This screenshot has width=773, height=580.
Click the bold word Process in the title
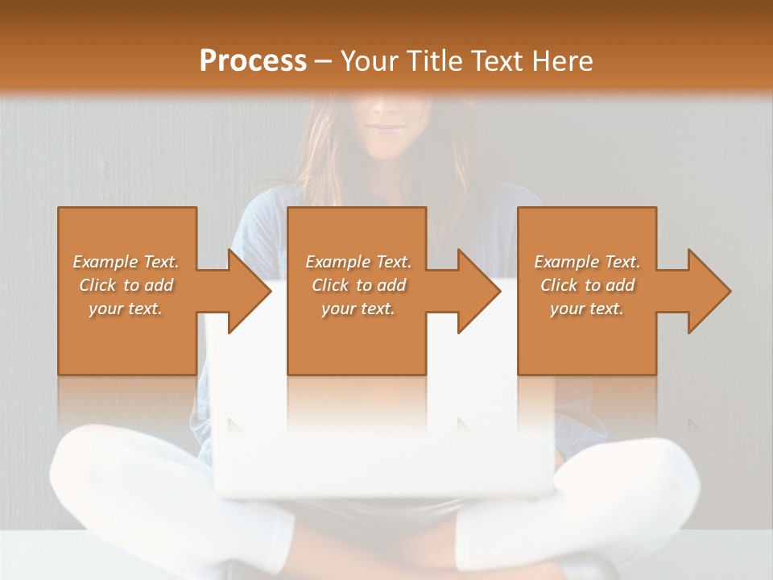coord(253,60)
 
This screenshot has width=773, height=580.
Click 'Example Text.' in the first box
coord(126,262)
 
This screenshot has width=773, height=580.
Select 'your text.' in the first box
coord(126,309)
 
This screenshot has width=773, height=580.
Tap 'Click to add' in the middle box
coord(358,285)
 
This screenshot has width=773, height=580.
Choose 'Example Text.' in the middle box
coord(358,262)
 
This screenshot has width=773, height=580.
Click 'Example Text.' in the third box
coord(587,262)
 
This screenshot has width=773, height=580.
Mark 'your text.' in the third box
coord(587,309)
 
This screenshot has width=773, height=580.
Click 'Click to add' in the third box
coord(587,285)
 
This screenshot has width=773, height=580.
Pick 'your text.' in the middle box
coord(358,309)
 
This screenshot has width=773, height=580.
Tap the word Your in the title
coord(370,60)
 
